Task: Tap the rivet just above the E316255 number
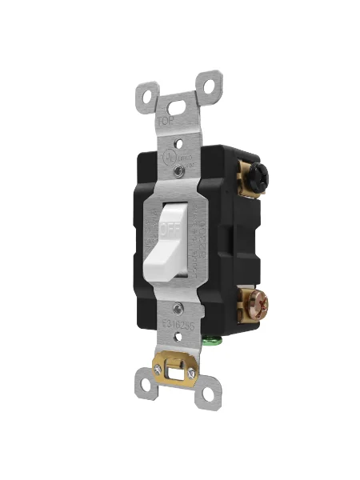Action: click(180, 307)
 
